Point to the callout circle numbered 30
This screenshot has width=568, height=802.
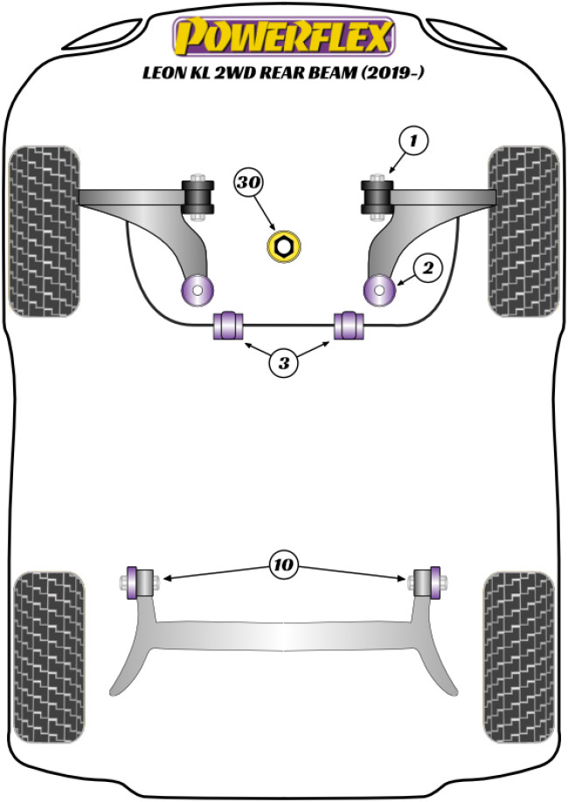point(248,184)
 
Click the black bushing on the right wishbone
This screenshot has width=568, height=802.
point(378,195)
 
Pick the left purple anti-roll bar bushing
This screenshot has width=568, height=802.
point(229,325)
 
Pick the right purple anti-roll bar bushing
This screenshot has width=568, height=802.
point(350,325)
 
